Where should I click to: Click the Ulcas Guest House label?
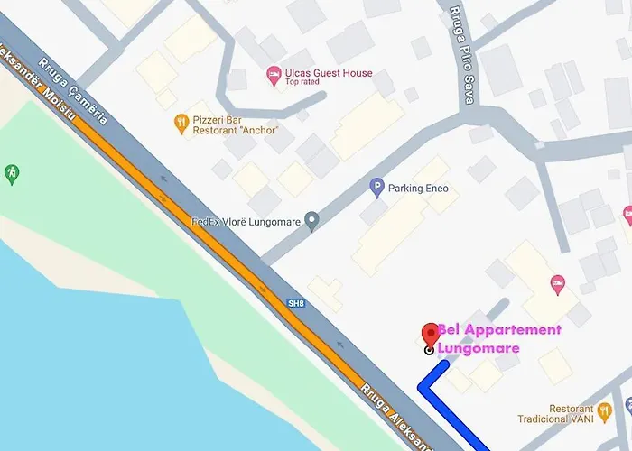click(x=328, y=73)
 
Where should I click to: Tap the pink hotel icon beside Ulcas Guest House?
click(x=274, y=76)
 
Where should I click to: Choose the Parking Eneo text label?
click(x=418, y=189)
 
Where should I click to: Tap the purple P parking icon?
click(x=377, y=189)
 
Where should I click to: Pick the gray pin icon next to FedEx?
click(x=311, y=220)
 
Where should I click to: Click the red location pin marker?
click(x=431, y=334)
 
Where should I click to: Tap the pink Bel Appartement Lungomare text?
click(x=498, y=338)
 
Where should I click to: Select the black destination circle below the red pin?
click(x=429, y=349)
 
